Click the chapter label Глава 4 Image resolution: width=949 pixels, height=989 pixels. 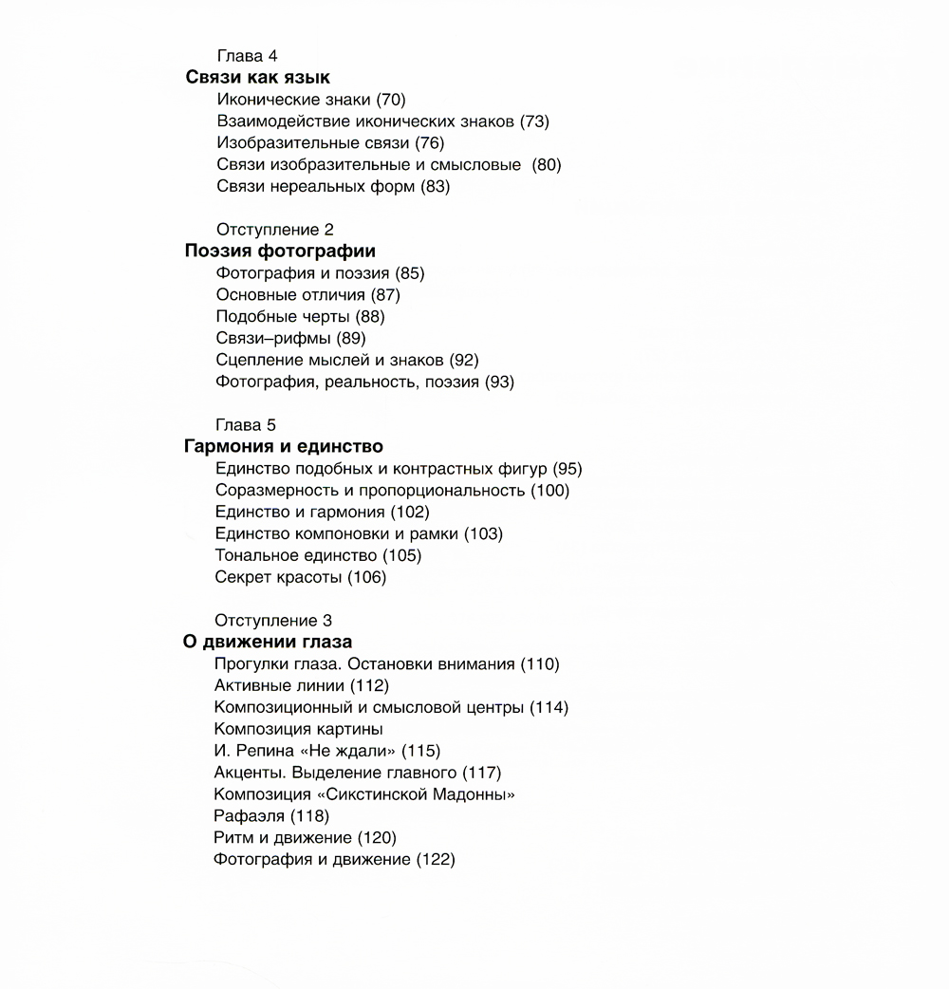coord(247,57)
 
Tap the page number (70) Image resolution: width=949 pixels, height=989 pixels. coord(391,100)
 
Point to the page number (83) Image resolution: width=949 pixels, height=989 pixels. coord(435,187)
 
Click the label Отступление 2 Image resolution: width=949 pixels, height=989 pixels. coord(275,230)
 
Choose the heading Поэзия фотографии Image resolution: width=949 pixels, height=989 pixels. coord(280,252)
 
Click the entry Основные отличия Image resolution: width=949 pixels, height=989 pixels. coord(290,295)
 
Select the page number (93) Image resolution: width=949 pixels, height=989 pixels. coord(499,383)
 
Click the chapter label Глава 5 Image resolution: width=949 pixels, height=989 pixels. coord(246,425)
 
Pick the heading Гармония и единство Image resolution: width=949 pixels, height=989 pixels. coord(283,446)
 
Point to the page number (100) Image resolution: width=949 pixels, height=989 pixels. coord(550,491)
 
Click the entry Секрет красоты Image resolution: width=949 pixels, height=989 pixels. coord(278,577)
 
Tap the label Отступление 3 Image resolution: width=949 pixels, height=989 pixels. coord(274,621)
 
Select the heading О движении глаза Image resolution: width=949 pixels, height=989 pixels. coord(268,643)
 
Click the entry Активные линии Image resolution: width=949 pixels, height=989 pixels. coord(280,685)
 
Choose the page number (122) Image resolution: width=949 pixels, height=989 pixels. coord(436,860)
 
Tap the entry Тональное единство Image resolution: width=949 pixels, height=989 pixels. coord(296,555)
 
